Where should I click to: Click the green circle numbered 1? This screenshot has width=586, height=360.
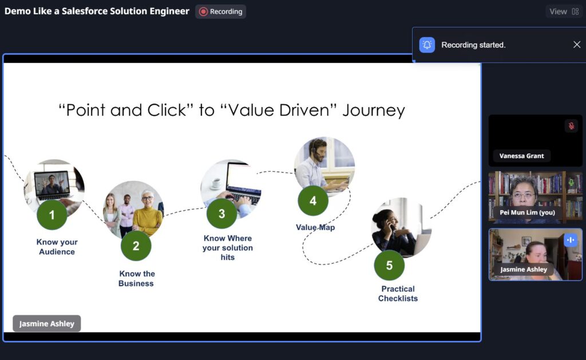52,215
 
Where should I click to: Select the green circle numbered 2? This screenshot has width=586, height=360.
136,246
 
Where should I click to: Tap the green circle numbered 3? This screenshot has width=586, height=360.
221,213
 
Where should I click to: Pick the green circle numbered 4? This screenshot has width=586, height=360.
313,201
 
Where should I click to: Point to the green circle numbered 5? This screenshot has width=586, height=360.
389,265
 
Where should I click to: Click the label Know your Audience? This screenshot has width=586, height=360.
57,247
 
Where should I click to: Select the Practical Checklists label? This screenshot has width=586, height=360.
398,294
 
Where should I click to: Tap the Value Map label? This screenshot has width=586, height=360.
315,227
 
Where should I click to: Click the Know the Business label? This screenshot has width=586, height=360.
136,279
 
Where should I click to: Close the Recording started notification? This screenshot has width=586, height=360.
577,45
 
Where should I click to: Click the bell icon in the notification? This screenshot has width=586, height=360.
427,45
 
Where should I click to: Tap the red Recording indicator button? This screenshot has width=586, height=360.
220,11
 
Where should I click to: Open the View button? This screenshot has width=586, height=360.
564,11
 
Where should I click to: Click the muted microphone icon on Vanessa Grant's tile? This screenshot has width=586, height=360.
571,126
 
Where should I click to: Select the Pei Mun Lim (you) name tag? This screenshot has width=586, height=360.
527,212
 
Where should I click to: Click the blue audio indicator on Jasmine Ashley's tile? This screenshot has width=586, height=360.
571,240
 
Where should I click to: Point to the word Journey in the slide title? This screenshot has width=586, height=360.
373,110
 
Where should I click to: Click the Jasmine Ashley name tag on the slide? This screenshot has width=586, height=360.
47,323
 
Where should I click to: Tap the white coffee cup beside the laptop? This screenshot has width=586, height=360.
216,183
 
